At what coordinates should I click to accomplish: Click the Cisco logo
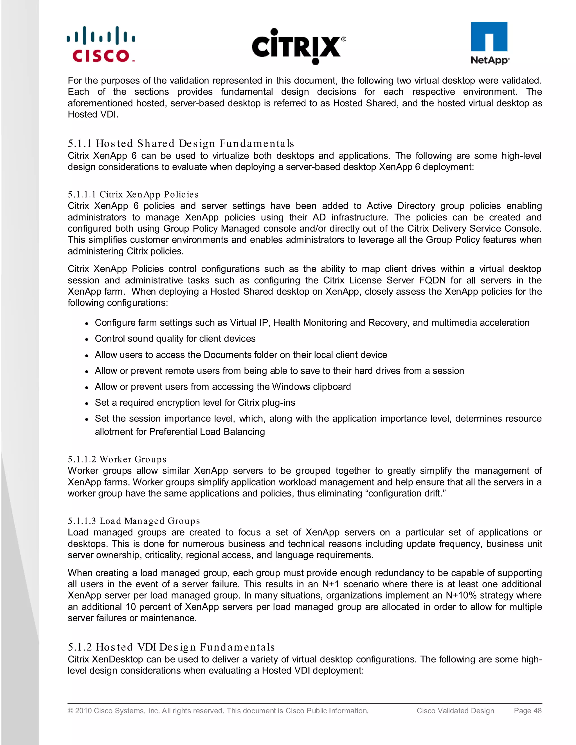pos(101,45)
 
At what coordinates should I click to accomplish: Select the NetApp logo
pos(489,43)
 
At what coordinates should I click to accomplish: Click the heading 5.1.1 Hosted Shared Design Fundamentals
pos(181,143)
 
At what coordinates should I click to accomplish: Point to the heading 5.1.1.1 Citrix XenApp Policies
pos(133,195)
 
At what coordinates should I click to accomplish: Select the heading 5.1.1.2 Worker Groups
pos(117,459)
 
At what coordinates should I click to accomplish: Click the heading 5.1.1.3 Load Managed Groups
pos(134,521)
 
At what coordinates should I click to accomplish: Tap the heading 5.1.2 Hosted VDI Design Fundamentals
pos(171,647)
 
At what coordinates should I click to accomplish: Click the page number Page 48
pos(528,710)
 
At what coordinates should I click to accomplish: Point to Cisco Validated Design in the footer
pos(455,710)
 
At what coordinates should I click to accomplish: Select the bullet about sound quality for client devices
pos(175,338)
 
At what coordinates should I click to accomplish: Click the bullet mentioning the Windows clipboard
pos(222,387)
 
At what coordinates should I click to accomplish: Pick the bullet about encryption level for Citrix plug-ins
pos(195,403)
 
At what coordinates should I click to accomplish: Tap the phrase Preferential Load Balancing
pos(207,432)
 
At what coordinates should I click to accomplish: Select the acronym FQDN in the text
pos(432,280)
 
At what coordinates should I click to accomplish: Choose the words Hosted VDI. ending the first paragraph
pos(93,115)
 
